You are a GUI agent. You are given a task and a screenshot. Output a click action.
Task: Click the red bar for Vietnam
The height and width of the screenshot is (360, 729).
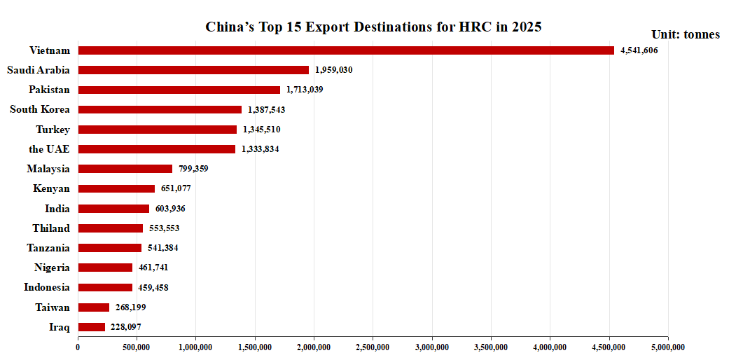pyautogui.click(x=346, y=50)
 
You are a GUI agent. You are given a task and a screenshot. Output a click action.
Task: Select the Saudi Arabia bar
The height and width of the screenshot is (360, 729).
pyautogui.click(x=193, y=70)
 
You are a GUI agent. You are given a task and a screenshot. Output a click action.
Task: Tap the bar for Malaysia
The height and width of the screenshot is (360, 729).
pyautogui.click(x=125, y=169)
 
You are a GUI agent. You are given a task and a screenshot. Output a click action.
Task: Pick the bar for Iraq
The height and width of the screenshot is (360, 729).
pyautogui.click(x=92, y=327)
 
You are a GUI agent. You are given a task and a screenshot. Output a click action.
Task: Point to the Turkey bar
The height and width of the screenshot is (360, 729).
pyautogui.click(x=158, y=130)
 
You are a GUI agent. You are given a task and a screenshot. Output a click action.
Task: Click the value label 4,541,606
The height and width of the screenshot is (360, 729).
pyautogui.click(x=639, y=50)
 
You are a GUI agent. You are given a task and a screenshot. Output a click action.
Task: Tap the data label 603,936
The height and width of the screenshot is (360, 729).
pyautogui.click(x=170, y=209)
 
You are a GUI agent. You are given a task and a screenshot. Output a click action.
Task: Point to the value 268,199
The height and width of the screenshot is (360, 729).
pyautogui.click(x=131, y=307)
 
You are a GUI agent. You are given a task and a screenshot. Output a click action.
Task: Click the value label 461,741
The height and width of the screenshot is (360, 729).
pyautogui.click(x=153, y=268)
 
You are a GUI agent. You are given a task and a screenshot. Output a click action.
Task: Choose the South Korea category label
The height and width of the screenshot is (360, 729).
pyautogui.click(x=40, y=109)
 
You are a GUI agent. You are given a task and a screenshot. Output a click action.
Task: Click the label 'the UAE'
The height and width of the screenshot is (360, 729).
pyautogui.click(x=49, y=149)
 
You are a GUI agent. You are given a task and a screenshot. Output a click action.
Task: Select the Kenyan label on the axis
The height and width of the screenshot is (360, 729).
pyautogui.click(x=51, y=188)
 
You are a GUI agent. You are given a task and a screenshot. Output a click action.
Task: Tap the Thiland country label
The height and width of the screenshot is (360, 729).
pyautogui.click(x=51, y=228)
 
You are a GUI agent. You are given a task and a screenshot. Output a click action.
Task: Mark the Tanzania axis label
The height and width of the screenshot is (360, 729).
pyautogui.click(x=48, y=248)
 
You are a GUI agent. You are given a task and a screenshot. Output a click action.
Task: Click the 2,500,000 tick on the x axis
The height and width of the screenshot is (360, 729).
pyautogui.click(x=373, y=345)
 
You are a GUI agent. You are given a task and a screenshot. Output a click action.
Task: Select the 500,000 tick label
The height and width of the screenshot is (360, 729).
pyautogui.click(x=137, y=345)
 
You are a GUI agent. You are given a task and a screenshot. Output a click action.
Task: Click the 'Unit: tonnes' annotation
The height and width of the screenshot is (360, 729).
pyautogui.click(x=685, y=34)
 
